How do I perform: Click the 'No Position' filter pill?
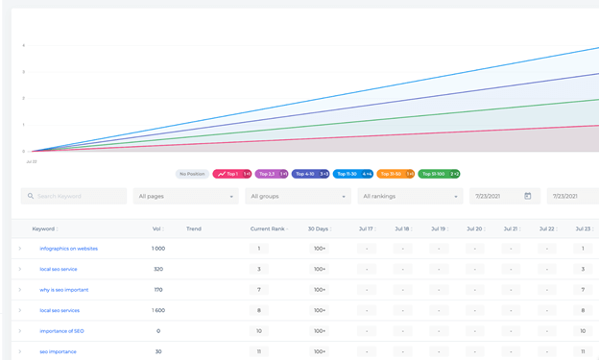coord(192,174)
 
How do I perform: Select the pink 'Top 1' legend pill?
coord(233,174)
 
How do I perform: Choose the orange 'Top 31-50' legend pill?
coord(395,174)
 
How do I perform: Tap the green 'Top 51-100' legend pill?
coord(439,174)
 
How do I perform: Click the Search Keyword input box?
coord(74,196)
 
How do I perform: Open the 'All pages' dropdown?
coord(185,196)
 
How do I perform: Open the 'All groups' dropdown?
coord(297,196)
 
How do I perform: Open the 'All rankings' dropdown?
coord(410,196)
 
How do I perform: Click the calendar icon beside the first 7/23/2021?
coord(527,196)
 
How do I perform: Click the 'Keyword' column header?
coord(43,228)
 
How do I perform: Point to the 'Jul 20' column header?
coord(474,228)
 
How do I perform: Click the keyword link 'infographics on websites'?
coord(68,249)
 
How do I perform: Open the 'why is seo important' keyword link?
coord(63,290)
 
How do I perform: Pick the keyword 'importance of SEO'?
coord(61,331)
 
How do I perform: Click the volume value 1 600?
coord(157,310)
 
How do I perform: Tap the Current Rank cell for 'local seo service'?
coord(258,269)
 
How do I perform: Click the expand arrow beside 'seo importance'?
coord(19,351)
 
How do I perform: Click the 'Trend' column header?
coord(194,228)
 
